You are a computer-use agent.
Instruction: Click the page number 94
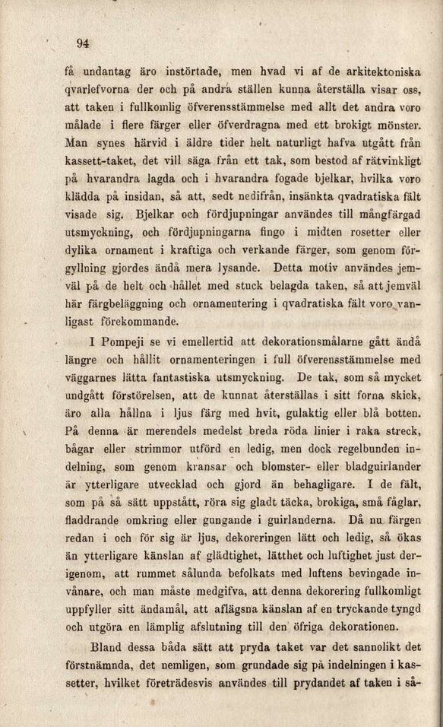click(82, 43)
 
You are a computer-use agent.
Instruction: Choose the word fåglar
click(399, 503)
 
